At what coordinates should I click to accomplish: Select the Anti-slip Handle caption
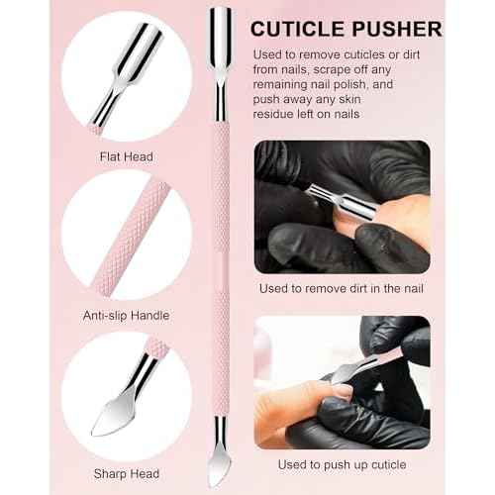coord(127,315)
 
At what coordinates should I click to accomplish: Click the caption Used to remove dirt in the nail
coord(344,288)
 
